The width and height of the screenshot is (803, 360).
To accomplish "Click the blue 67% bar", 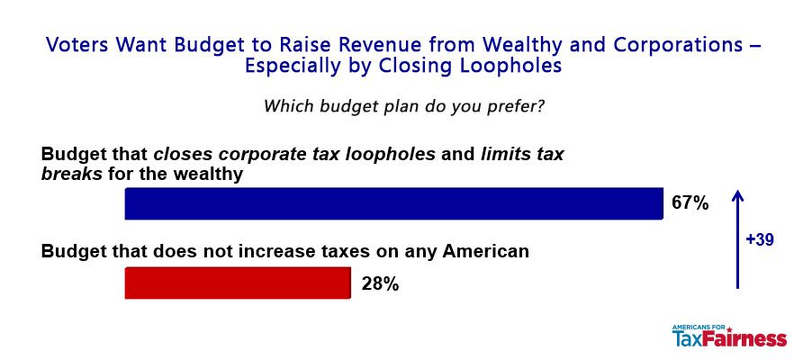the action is pyautogui.click(x=393, y=203).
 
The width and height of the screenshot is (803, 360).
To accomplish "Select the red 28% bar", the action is pyautogui.click(x=238, y=283).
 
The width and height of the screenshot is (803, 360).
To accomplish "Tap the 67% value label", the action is pyautogui.click(x=690, y=203).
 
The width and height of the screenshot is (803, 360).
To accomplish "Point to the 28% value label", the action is pyautogui.click(x=380, y=283).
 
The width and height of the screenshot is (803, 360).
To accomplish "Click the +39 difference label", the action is pyautogui.click(x=760, y=239).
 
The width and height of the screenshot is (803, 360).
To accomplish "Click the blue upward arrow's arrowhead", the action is pyautogui.click(x=737, y=195).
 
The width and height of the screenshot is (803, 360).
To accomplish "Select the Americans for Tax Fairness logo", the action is pyautogui.click(x=729, y=336).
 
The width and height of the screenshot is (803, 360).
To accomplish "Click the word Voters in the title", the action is pyautogui.click(x=77, y=45).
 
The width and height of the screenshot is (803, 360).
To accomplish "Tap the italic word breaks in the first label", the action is pyautogui.click(x=72, y=174).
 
